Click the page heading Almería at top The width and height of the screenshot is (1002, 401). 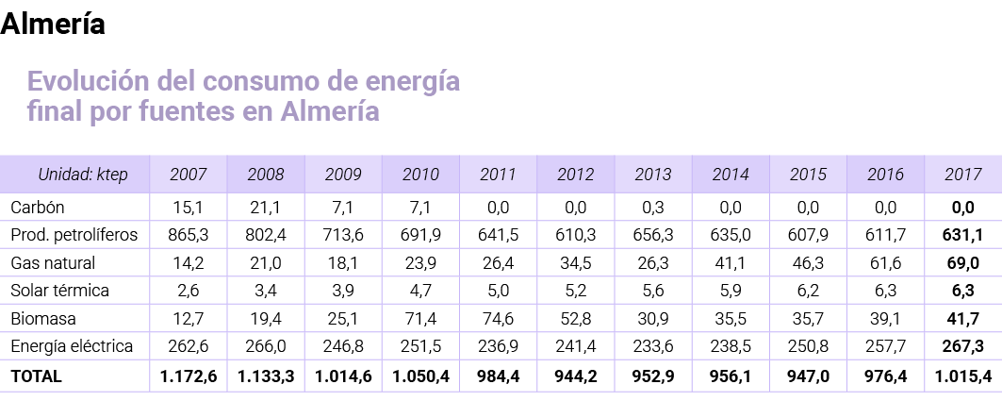(x=53, y=25)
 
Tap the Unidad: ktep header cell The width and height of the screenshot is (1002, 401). (x=82, y=175)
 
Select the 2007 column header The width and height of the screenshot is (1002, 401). (x=189, y=175)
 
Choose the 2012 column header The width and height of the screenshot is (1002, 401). (x=575, y=175)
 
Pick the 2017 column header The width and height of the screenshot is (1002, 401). (x=962, y=175)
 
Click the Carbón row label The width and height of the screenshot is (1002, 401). (x=37, y=207)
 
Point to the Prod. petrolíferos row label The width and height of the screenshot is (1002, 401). (x=74, y=234)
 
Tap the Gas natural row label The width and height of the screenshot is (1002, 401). (x=53, y=262)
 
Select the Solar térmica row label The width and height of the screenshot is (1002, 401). (x=59, y=291)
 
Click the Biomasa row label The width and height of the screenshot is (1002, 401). (x=42, y=319)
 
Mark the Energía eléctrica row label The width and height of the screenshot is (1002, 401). (x=72, y=347)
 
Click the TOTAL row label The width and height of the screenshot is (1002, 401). (x=36, y=376)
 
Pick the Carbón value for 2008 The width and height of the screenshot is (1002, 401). (x=266, y=207)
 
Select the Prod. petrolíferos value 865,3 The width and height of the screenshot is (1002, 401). (x=189, y=234)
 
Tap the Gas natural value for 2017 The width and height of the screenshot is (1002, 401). (x=962, y=262)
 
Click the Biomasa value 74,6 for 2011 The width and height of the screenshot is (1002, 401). (x=498, y=319)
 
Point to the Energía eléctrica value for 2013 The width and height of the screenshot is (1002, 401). (x=652, y=347)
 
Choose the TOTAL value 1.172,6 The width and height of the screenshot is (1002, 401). (x=189, y=376)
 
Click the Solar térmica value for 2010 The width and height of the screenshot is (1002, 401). (x=420, y=291)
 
